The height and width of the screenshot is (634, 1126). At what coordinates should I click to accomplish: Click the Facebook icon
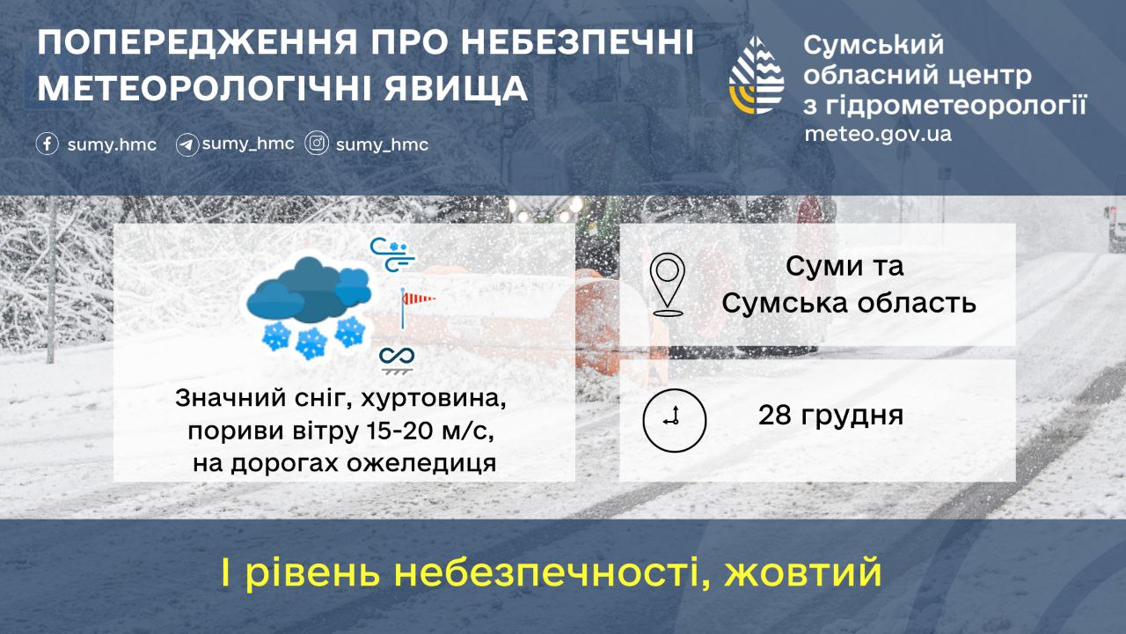pos(48,144)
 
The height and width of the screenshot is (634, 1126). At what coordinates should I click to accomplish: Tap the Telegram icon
pos(187,145)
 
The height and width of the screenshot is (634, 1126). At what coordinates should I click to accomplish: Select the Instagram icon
pos(317,143)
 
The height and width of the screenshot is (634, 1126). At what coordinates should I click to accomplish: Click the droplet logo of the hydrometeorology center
pos(757,75)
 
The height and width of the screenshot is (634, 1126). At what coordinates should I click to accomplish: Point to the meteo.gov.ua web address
pos(878,135)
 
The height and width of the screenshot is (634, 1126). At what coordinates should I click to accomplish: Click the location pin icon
pos(667,284)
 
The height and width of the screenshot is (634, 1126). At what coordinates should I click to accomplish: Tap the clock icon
pos(674,420)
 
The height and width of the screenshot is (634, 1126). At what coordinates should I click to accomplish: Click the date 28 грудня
pos(830,416)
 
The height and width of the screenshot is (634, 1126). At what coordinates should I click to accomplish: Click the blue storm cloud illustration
pos(309,307)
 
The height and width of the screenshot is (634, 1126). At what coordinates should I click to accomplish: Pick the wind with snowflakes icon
pos(392,255)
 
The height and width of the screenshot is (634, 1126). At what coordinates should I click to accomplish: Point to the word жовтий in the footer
pos(802,572)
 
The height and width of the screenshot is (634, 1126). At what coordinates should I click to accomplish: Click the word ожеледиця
pos(421,463)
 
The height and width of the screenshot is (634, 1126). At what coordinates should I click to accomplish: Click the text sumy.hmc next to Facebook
pos(112,145)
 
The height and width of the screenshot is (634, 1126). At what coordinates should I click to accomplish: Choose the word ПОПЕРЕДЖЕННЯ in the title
pos(198,42)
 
